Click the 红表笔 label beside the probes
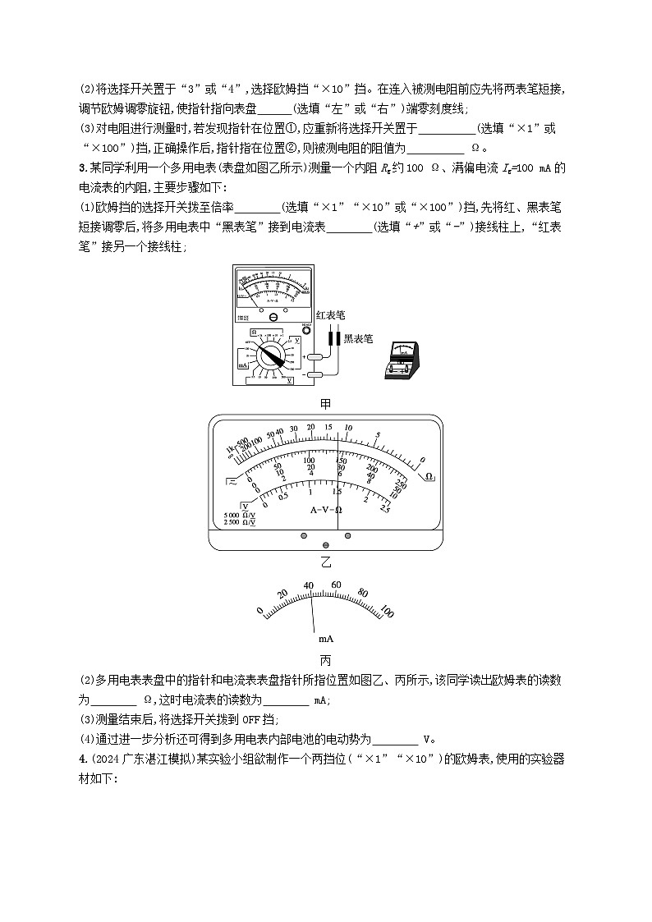[330, 314]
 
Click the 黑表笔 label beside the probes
[358, 337]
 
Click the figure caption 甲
[325, 403]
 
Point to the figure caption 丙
[325, 658]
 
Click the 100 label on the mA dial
[385, 612]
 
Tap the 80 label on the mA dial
[361, 593]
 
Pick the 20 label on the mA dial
[282, 594]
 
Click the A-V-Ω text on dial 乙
[326, 509]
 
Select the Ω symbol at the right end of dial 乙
[429, 476]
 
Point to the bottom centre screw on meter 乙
[326, 545]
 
